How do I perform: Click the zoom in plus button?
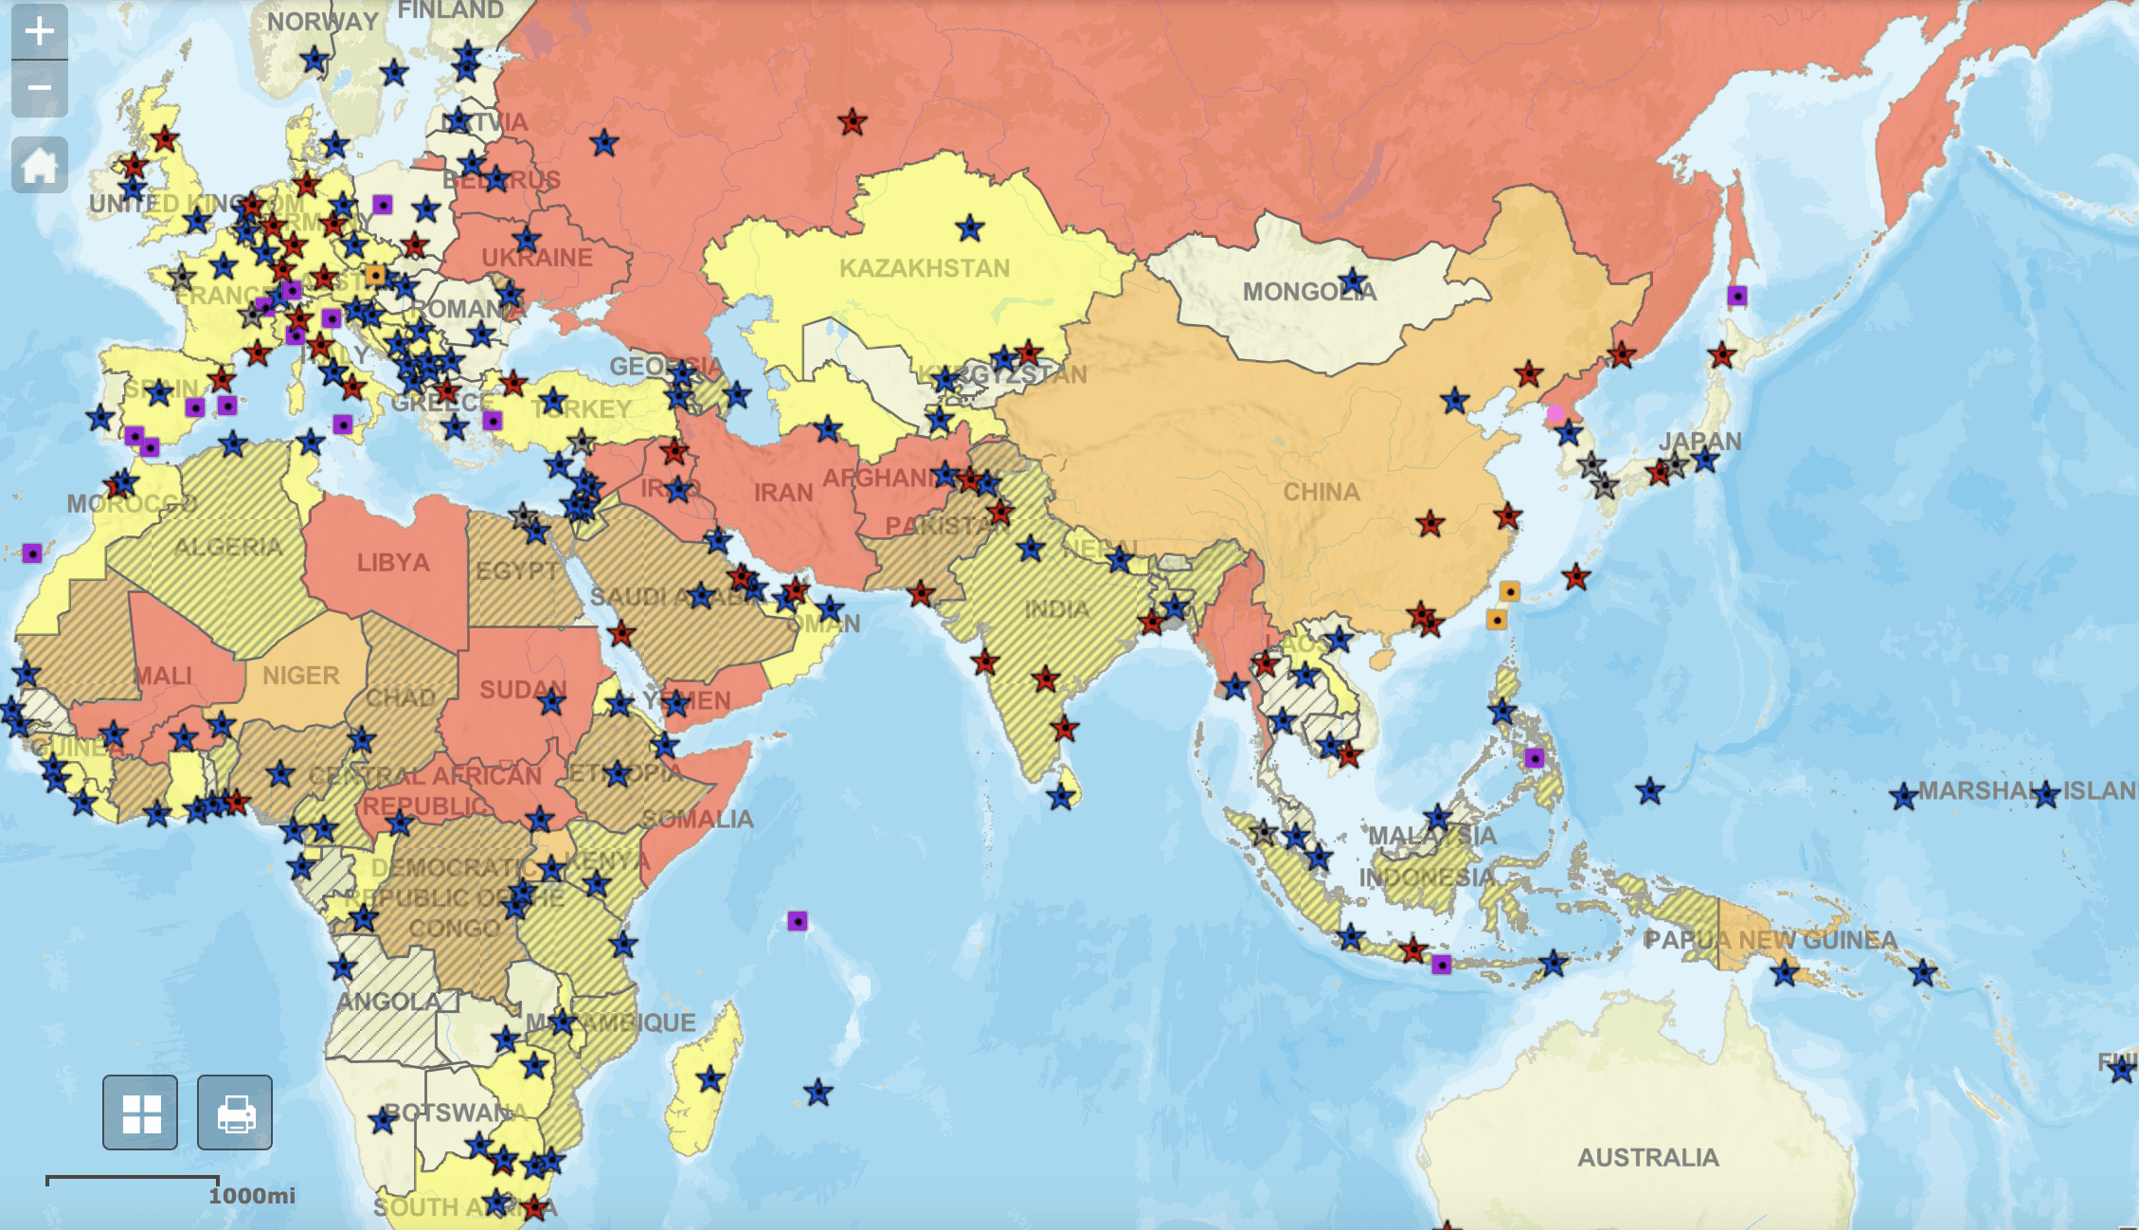tap(39, 31)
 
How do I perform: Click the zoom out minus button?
tap(39, 88)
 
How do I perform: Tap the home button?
tap(39, 165)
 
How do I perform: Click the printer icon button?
tap(235, 1112)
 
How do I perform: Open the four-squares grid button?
tap(140, 1112)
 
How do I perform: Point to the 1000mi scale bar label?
tap(252, 1196)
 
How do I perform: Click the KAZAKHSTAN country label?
tap(925, 268)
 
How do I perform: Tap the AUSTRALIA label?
tap(1647, 1157)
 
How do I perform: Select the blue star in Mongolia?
tap(1354, 281)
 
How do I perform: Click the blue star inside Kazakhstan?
tap(969, 228)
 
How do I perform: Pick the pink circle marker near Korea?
tap(1555, 414)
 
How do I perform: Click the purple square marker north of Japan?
tap(1736, 296)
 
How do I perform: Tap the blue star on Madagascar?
tap(710, 1079)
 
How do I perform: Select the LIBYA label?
tap(393, 563)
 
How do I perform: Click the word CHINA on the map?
tap(1321, 492)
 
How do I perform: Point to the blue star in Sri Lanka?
tap(1060, 798)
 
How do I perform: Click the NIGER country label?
tap(300, 676)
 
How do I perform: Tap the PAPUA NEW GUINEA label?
tap(1770, 940)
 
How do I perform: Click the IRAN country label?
tap(783, 493)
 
